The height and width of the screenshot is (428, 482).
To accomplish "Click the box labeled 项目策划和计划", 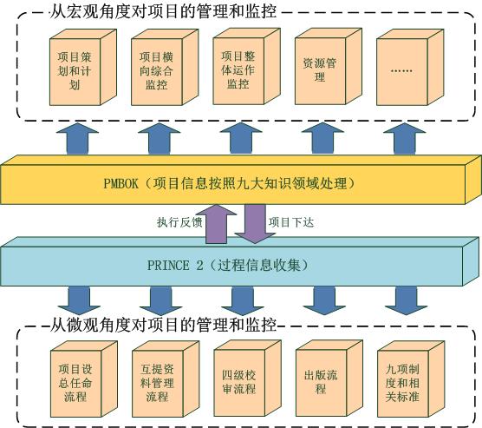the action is click(83, 68).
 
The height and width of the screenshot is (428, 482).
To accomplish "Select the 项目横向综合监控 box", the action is click(165, 68).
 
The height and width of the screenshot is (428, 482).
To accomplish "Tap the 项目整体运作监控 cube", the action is click(246, 67).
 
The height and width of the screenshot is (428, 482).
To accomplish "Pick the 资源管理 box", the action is click(329, 67).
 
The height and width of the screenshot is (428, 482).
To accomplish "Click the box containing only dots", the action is click(410, 68).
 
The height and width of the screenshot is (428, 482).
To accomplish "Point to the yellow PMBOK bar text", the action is click(229, 183).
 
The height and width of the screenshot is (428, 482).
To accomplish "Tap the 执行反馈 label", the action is click(179, 222).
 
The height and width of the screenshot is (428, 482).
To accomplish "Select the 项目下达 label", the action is click(291, 222).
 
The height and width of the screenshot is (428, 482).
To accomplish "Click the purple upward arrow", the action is click(217, 224).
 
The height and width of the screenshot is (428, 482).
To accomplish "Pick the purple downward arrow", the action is click(255, 224).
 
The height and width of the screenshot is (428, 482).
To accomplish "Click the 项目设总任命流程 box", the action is click(84, 379).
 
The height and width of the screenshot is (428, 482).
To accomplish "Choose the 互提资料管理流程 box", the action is click(166, 379).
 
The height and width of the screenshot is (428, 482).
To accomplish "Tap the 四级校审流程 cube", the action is click(247, 379).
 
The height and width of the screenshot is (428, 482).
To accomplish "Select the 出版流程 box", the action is click(329, 379).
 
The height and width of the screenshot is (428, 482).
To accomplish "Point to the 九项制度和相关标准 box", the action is click(411, 379).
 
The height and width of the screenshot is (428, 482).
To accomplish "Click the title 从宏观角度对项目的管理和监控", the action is click(163, 11).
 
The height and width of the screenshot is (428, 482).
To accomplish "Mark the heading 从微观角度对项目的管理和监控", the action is click(163, 325).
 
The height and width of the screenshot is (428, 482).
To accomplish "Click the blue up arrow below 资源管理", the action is click(322, 138).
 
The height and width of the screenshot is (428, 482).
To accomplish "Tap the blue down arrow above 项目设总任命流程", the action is click(79, 301).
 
